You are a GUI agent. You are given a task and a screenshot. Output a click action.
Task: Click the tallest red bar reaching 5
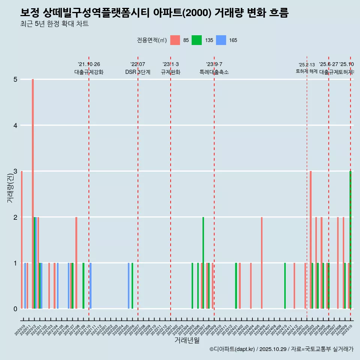pyautogui.click(x=33, y=193)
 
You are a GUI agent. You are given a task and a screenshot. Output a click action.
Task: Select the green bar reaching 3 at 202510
pyautogui.click(x=350, y=240)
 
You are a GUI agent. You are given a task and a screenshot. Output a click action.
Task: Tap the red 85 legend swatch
pyautogui.click(x=175, y=40)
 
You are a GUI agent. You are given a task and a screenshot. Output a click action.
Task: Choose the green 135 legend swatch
pyautogui.click(x=196, y=40)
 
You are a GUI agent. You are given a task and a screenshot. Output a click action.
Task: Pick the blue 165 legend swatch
pyautogui.click(x=221, y=40)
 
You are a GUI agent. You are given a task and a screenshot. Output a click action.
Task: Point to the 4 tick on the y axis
pyautogui.click(x=15, y=125)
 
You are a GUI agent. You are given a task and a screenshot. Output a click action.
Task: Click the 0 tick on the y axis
pyautogui.click(x=15, y=309)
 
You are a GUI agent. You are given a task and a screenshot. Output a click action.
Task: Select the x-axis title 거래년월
pyautogui.click(x=187, y=340)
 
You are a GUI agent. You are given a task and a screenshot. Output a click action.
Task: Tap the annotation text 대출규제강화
pyautogui.click(x=89, y=72)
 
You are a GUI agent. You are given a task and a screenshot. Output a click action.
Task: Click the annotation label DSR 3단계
pyautogui.click(x=138, y=72)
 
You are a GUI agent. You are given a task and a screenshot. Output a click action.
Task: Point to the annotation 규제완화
pyautogui.click(x=171, y=72)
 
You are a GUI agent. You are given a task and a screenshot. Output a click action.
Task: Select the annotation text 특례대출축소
pyautogui.click(x=214, y=72)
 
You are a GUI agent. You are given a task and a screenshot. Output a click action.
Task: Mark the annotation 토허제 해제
pyautogui.click(x=307, y=71)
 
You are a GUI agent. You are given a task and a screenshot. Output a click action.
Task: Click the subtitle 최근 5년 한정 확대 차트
pyautogui.click(x=54, y=24)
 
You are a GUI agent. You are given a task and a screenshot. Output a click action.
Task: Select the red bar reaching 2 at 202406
pyautogui.click(x=262, y=262)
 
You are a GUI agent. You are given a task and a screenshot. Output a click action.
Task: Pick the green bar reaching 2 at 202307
pyautogui.click(x=203, y=262)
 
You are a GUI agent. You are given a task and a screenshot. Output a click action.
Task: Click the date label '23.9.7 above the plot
pyautogui.click(x=214, y=64)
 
